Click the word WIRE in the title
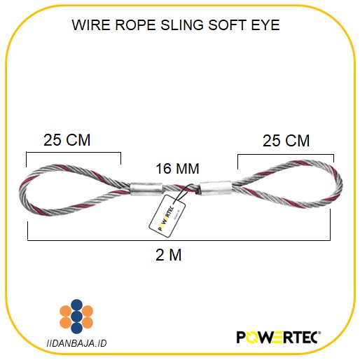(89, 26)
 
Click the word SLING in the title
(189, 26)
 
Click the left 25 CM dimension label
(67, 139)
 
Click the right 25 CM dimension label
(286, 140)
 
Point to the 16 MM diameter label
(177, 169)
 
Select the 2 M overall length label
(168, 255)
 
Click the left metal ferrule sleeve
(146, 188)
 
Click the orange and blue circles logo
(76, 316)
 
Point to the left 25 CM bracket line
(74, 153)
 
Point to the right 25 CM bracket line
(286, 154)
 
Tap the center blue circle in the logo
(76, 316)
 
